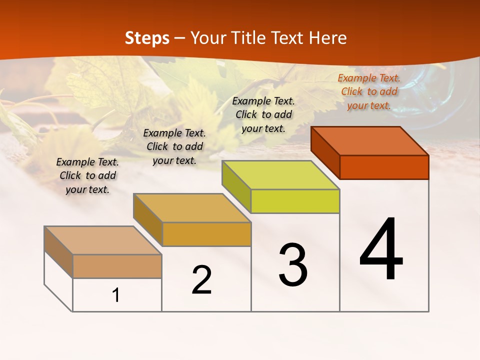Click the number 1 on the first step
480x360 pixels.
coord(116,295)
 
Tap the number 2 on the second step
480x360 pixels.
coord(201,280)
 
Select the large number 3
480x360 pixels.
coord(293,265)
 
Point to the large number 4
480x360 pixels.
coord(381,250)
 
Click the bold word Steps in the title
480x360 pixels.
coord(147,38)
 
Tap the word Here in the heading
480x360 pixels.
coord(327,38)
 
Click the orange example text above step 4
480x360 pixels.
coord(369,91)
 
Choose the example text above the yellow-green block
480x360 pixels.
coord(263,114)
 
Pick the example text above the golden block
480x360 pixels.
coord(174,146)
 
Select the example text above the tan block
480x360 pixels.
coord(87,175)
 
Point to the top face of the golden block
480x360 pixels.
coord(192,208)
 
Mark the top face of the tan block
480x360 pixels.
coord(103,240)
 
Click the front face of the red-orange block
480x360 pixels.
coord(384,167)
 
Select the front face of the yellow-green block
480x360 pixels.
coord(295,201)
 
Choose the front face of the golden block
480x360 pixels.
coord(206,234)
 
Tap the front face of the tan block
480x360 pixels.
coord(117,266)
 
